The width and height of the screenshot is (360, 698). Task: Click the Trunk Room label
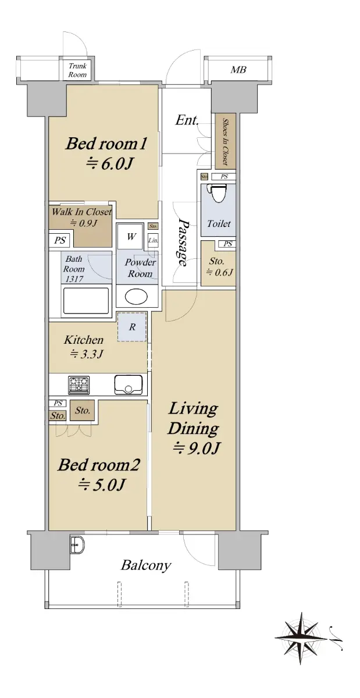77,70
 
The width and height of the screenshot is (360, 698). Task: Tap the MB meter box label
238,69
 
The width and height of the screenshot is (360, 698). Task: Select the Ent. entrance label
187,120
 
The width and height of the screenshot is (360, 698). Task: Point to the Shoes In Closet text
224,141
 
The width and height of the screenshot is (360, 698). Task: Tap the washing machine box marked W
131,236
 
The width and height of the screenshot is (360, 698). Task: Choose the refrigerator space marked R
132,327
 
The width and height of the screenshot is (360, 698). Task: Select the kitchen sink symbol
129,385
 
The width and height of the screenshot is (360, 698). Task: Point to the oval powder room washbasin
136,296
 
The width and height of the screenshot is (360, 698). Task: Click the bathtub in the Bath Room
86,301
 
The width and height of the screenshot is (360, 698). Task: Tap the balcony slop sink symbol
77,544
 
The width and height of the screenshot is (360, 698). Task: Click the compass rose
301,638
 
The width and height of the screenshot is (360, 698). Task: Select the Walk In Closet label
81,212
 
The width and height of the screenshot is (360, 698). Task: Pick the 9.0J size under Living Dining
197,448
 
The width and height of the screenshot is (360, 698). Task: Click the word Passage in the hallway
183,243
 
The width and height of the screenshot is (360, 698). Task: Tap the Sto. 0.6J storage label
219,266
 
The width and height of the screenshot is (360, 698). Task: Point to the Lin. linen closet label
153,240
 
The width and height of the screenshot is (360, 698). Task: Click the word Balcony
146,565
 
